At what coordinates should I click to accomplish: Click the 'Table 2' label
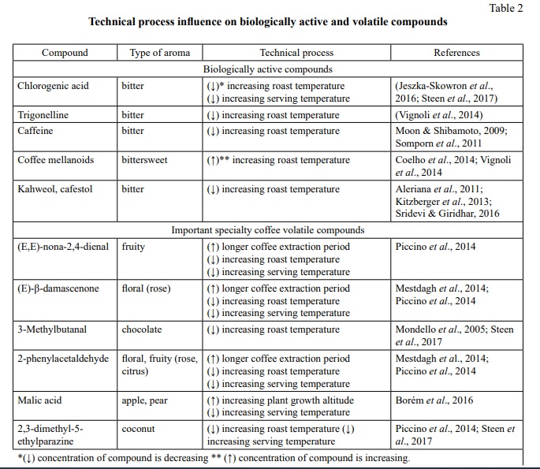[x=506, y=9]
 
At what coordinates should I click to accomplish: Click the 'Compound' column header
[x=65, y=53]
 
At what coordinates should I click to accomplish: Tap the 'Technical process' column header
[x=296, y=53]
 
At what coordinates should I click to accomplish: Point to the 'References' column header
[x=456, y=53]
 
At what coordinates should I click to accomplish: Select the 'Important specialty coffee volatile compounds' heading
[x=268, y=230]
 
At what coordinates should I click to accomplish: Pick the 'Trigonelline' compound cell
[x=43, y=115]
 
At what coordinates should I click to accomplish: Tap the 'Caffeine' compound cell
[x=35, y=131]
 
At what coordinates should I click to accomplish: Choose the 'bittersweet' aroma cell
[x=145, y=160]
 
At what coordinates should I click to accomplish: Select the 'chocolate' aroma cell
[x=142, y=329]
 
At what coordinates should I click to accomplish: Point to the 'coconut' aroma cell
[x=140, y=429]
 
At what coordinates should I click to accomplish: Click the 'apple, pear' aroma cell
[x=145, y=400]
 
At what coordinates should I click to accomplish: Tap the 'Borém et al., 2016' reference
[x=434, y=400]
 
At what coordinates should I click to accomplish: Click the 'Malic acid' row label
[x=39, y=400]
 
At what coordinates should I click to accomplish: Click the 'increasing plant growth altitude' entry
[x=288, y=400]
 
